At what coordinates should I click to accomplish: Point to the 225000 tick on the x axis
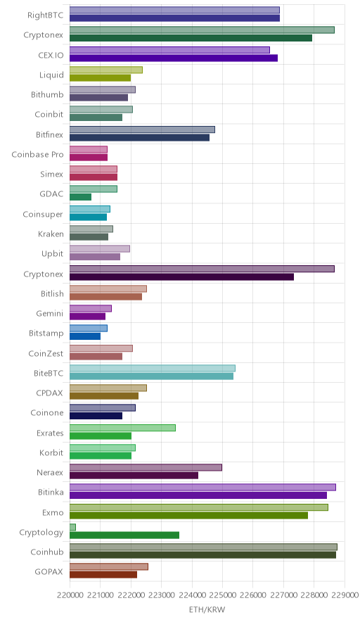point(222,595)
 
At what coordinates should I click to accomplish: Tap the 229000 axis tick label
point(344,595)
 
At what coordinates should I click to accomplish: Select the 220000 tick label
point(70,595)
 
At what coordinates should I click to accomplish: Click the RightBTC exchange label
point(45,15)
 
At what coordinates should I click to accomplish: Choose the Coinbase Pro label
point(37,154)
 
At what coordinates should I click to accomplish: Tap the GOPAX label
point(49,571)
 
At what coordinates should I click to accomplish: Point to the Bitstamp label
point(46,334)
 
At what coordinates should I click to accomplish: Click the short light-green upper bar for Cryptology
point(72,527)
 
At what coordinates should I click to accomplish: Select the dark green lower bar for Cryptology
point(124,535)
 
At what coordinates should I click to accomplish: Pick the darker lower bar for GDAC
point(80,197)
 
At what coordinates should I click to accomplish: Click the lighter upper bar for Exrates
point(122,428)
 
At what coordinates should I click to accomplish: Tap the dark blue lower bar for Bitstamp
point(85,336)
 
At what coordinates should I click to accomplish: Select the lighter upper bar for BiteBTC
point(153,368)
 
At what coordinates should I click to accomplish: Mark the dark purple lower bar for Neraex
point(134,475)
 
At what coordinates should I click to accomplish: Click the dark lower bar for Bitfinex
point(139,137)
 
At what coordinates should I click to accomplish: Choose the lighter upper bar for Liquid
point(106,70)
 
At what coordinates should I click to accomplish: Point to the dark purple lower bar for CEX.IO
point(174,58)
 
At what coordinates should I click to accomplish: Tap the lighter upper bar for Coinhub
point(203,547)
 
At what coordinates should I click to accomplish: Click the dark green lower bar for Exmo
point(188,515)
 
